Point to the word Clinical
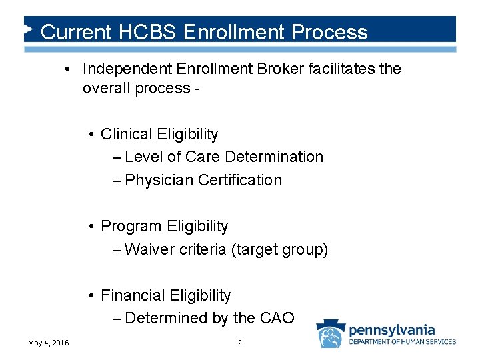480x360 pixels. tap(126, 134)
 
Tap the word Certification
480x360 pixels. tap(240, 180)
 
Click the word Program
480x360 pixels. tap(131, 226)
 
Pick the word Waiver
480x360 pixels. tap(148, 249)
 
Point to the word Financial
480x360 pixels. tap(133, 295)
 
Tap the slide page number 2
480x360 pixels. tap(239, 343)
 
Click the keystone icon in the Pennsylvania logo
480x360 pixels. tap(330, 333)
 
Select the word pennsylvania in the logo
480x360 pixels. tap(392, 329)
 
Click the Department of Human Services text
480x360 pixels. tap(403, 342)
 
